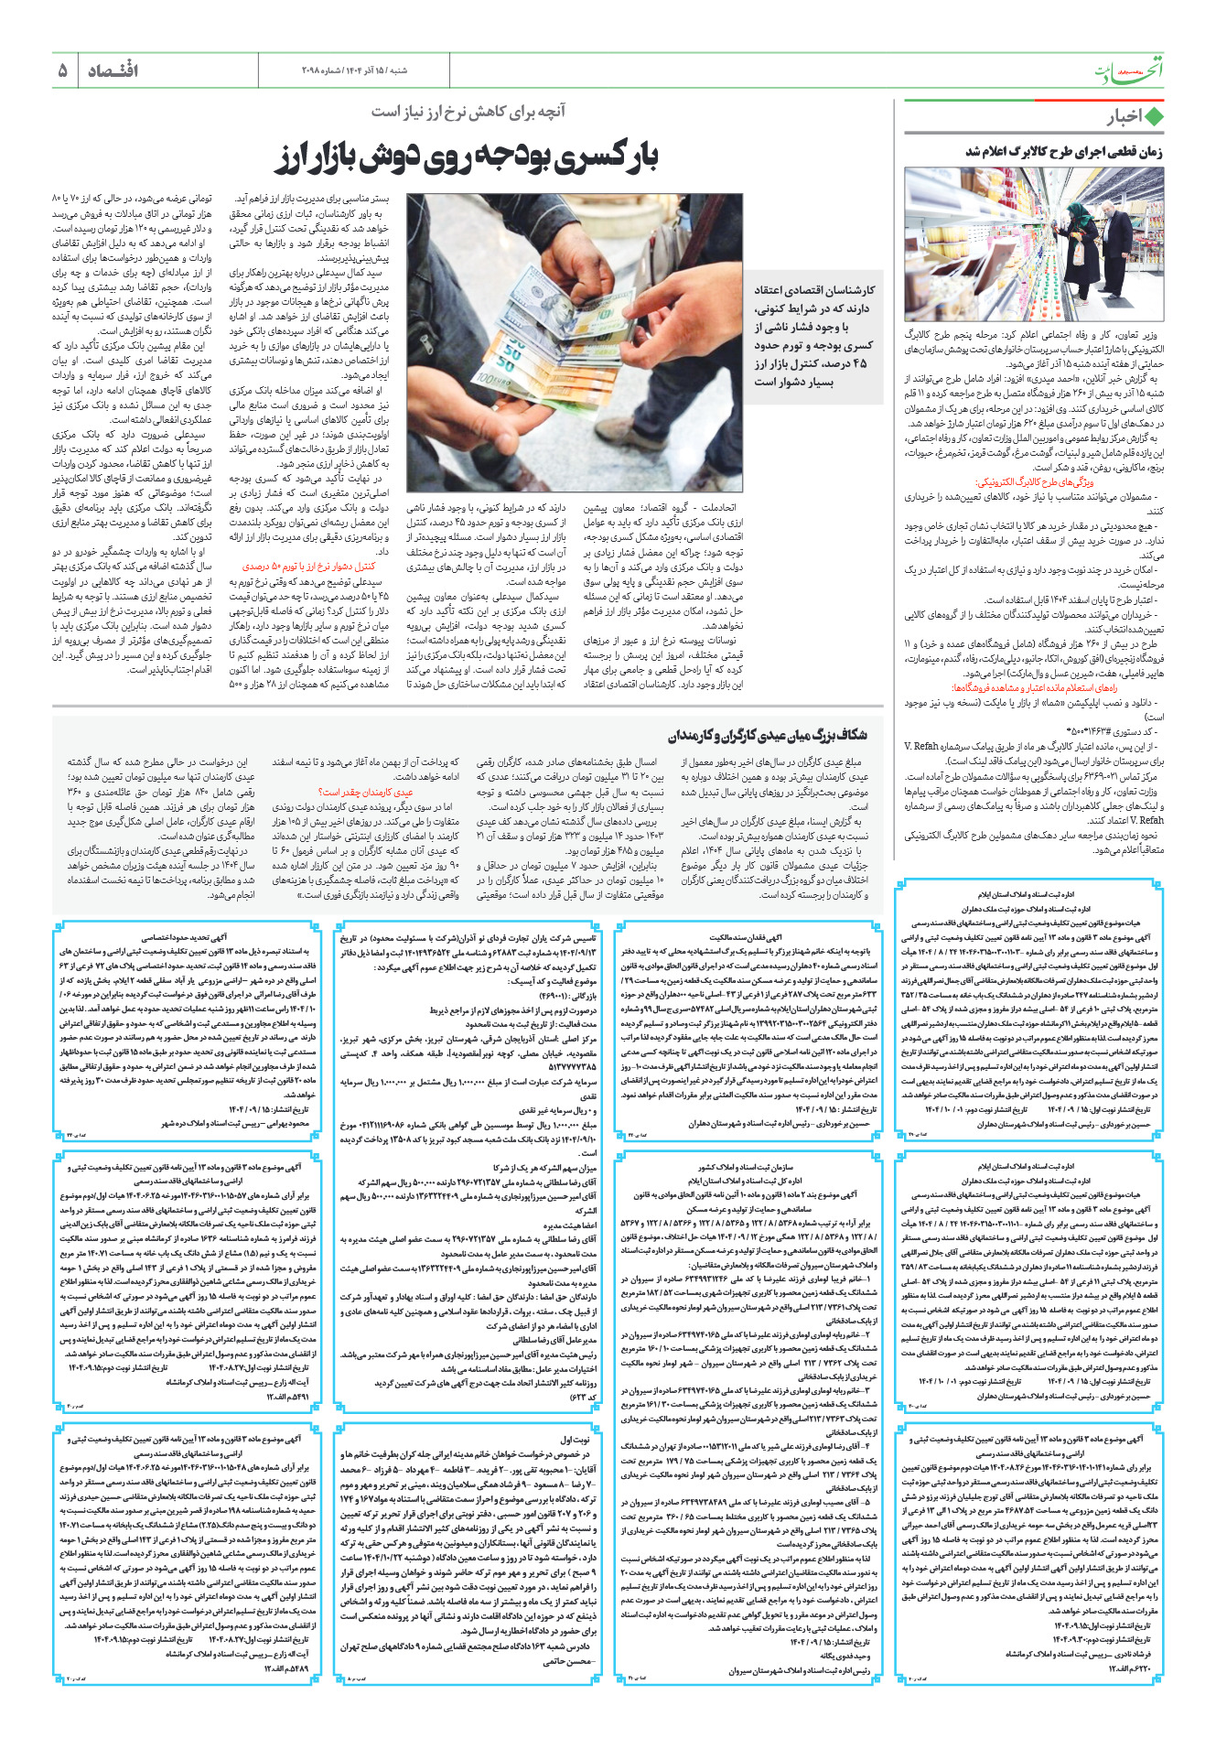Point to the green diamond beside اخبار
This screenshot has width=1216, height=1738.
tap(1154, 116)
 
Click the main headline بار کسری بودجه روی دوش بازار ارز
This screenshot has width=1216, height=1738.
tap(468, 157)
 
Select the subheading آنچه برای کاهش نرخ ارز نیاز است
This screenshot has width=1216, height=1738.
tap(468, 112)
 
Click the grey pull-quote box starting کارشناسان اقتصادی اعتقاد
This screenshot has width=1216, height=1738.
tap(813, 335)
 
